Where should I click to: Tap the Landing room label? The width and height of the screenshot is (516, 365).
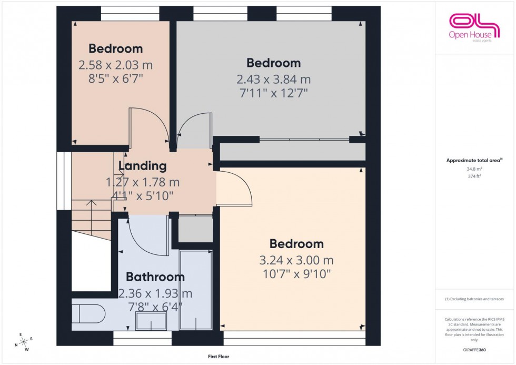pos(143,166)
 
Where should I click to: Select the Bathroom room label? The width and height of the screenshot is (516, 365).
pos(155,277)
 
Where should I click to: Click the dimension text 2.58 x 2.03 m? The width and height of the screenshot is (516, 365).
pos(115,65)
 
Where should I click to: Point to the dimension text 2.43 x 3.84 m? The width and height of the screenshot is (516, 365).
pos(273,80)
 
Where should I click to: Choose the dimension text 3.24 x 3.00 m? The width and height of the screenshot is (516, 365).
pos(296,260)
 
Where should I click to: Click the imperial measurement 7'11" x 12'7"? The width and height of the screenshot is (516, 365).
pos(273,93)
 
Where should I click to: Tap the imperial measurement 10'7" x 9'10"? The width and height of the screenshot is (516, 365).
pos(296,274)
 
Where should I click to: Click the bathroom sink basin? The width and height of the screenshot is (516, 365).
pos(151,321)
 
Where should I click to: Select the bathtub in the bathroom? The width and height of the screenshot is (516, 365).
pos(195,290)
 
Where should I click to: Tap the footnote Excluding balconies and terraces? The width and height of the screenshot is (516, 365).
pos(474,299)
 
